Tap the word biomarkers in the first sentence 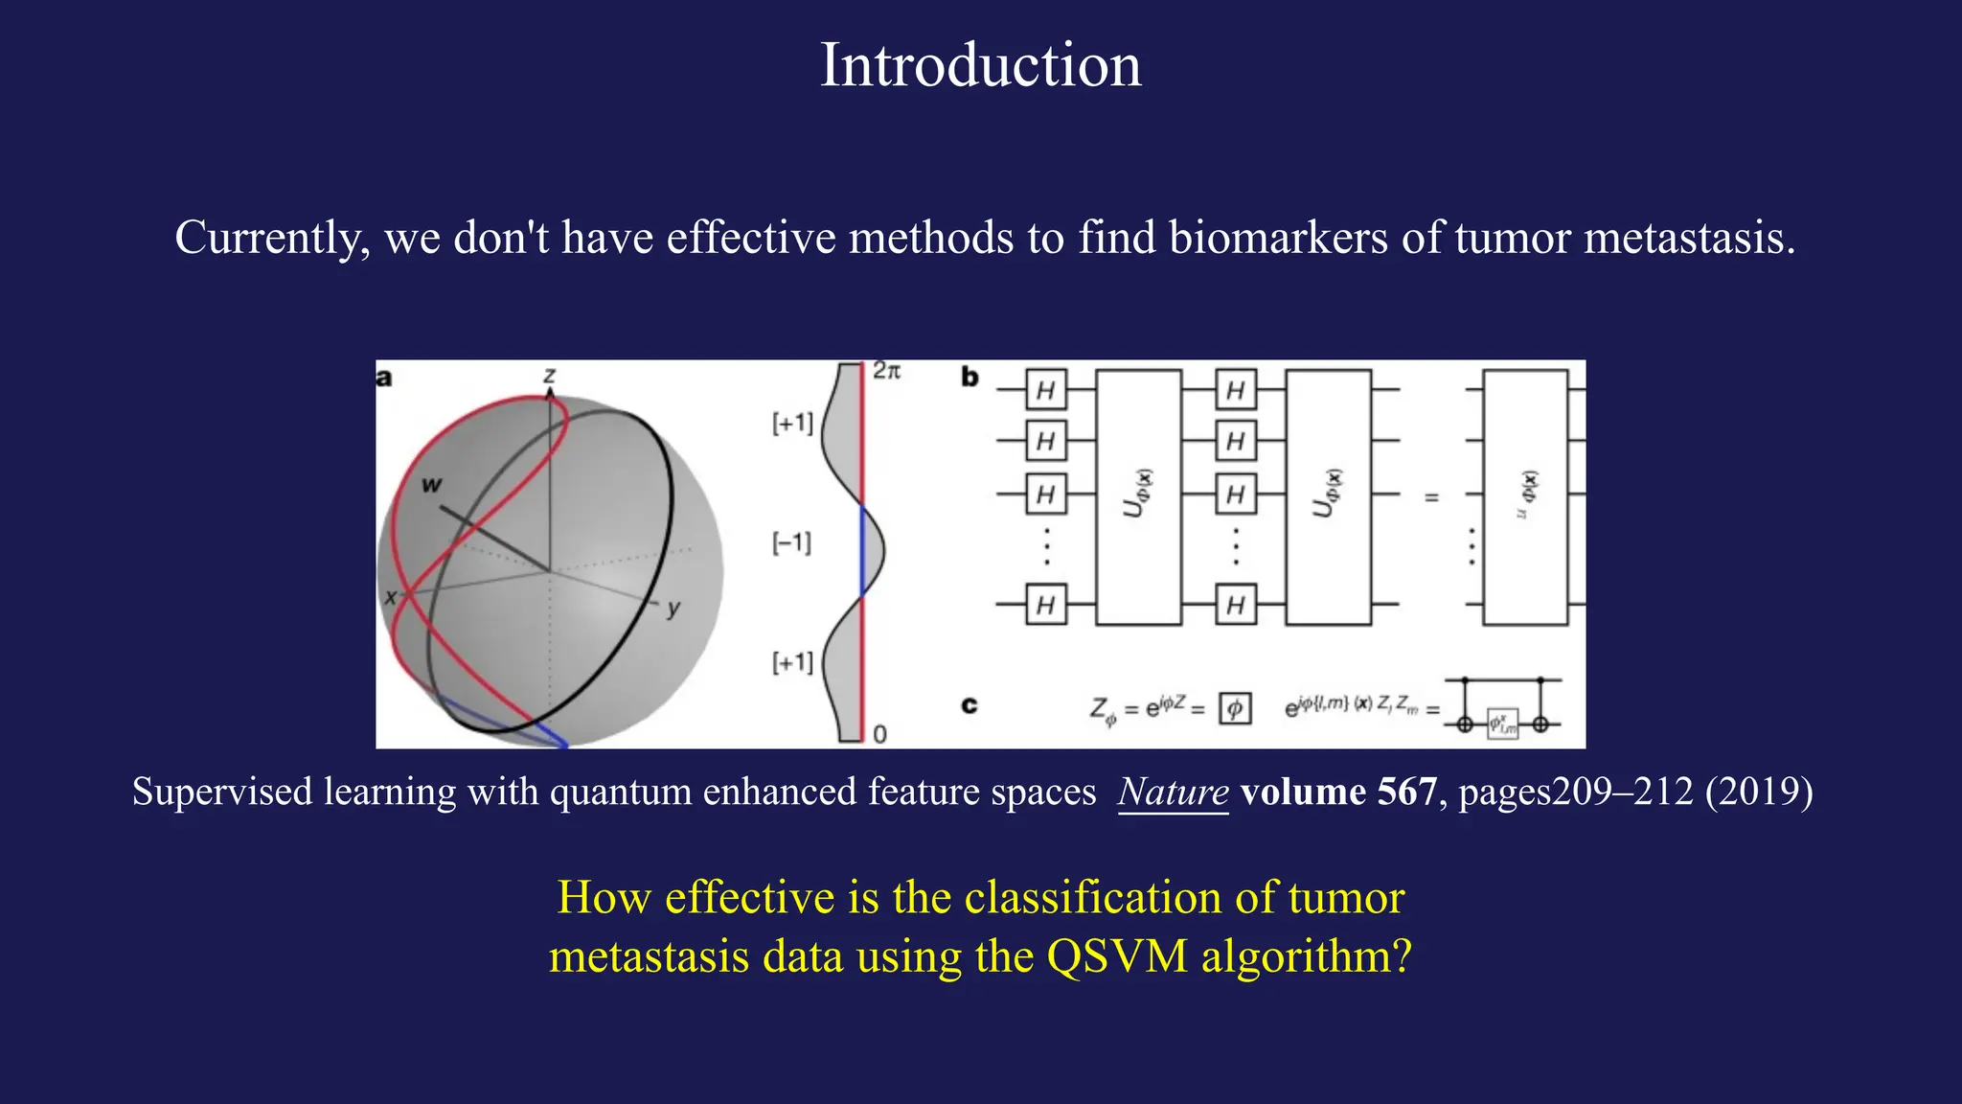pyautogui.click(x=1278, y=238)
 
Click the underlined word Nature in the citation pyautogui.click(x=1173, y=793)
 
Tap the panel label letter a pyautogui.click(x=384, y=378)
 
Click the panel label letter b pyautogui.click(x=970, y=378)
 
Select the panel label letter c pyautogui.click(x=970, y=706)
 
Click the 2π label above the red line pyautogui.click(x=886, y=371)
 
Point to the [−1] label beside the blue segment pyautogui.click(x=791, y=543)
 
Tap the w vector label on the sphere pyautogui.click(x=431, y=485)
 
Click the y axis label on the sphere pyautogui.click(x=673, y=608)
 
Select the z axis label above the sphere pyautogui.click(x=549, y=375)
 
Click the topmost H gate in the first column pyautogui.click(x=1045, y=390)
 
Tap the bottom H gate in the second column pyautogui.click(x=1235, y=605)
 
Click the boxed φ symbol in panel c pyautogui.click(x=1235, y=708)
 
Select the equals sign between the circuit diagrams pyautogui.click(x=1431, y=497)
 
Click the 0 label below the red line pyautogui.click(x=879, y=735)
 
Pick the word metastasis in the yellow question pyautogui.click(x=649, y=956)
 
